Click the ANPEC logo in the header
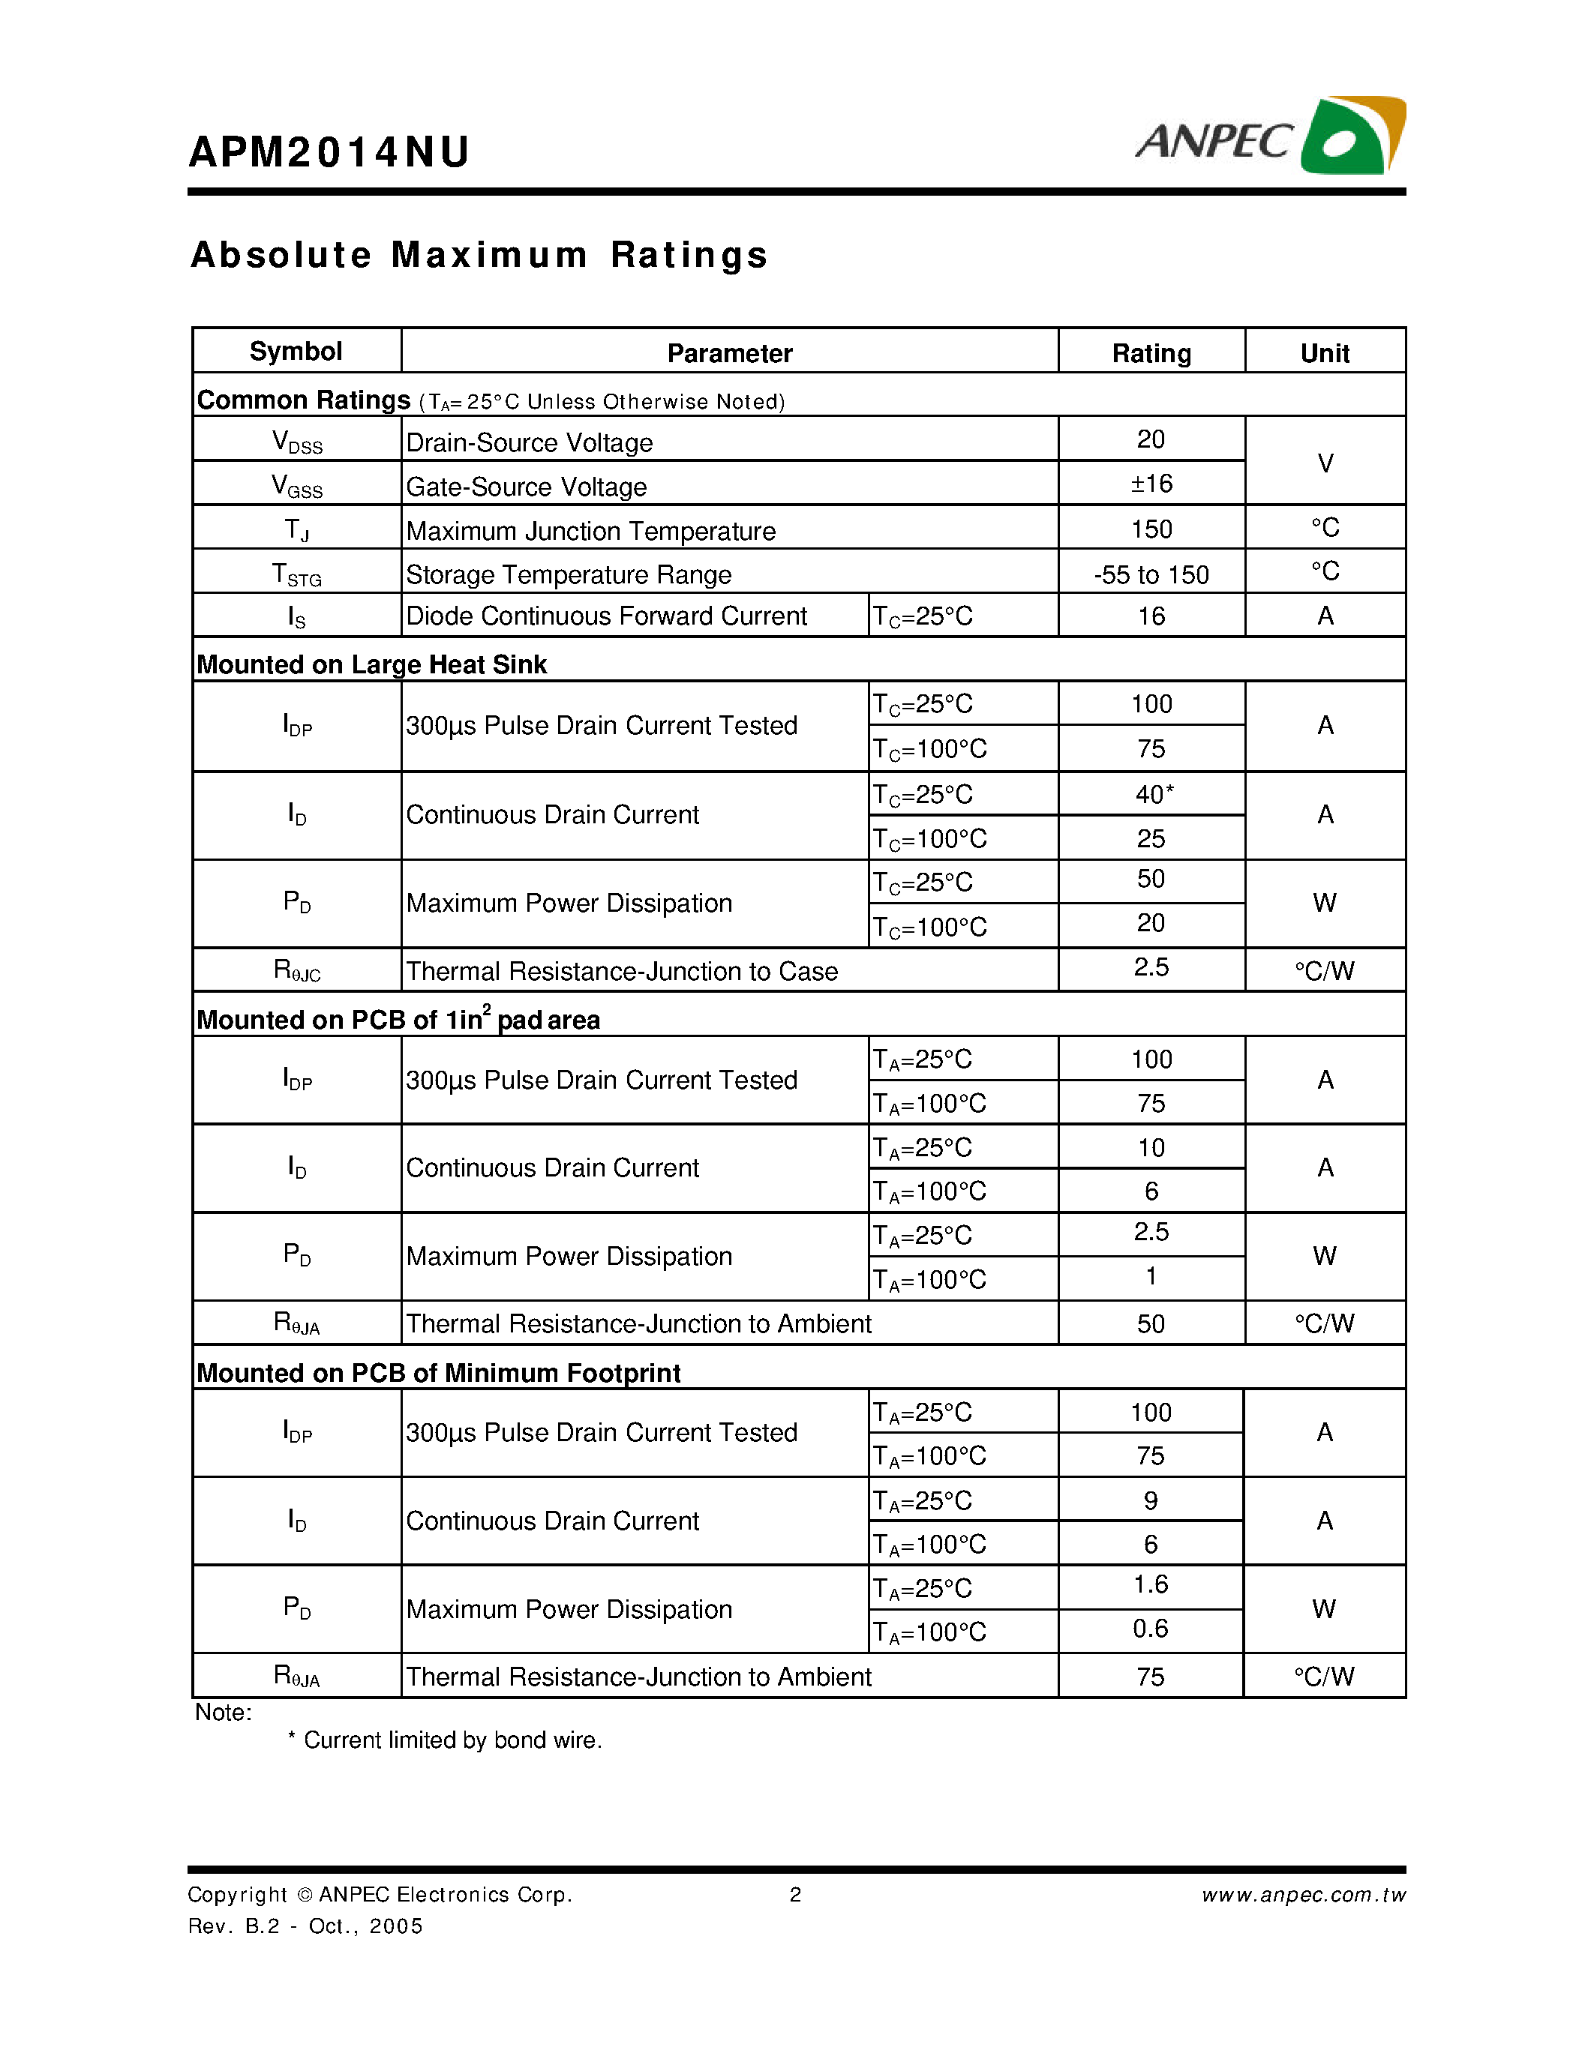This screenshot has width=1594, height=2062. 1270,137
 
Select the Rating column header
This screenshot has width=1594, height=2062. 1151,353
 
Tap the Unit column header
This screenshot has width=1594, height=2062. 1324,353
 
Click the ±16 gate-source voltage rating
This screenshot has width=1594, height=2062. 1151,484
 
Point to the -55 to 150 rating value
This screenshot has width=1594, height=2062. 1151,575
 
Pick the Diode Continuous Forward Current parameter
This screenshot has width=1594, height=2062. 606,616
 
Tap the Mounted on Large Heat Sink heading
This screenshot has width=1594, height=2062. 371,664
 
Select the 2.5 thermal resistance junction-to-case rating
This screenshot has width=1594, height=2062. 1151,968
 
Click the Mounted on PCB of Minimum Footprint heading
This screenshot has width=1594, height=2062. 438,1373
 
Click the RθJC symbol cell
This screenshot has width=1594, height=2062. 296,970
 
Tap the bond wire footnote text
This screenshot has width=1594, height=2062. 452,1740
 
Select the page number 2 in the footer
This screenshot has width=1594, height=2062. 795,1895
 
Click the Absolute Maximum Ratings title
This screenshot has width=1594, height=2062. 480,256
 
